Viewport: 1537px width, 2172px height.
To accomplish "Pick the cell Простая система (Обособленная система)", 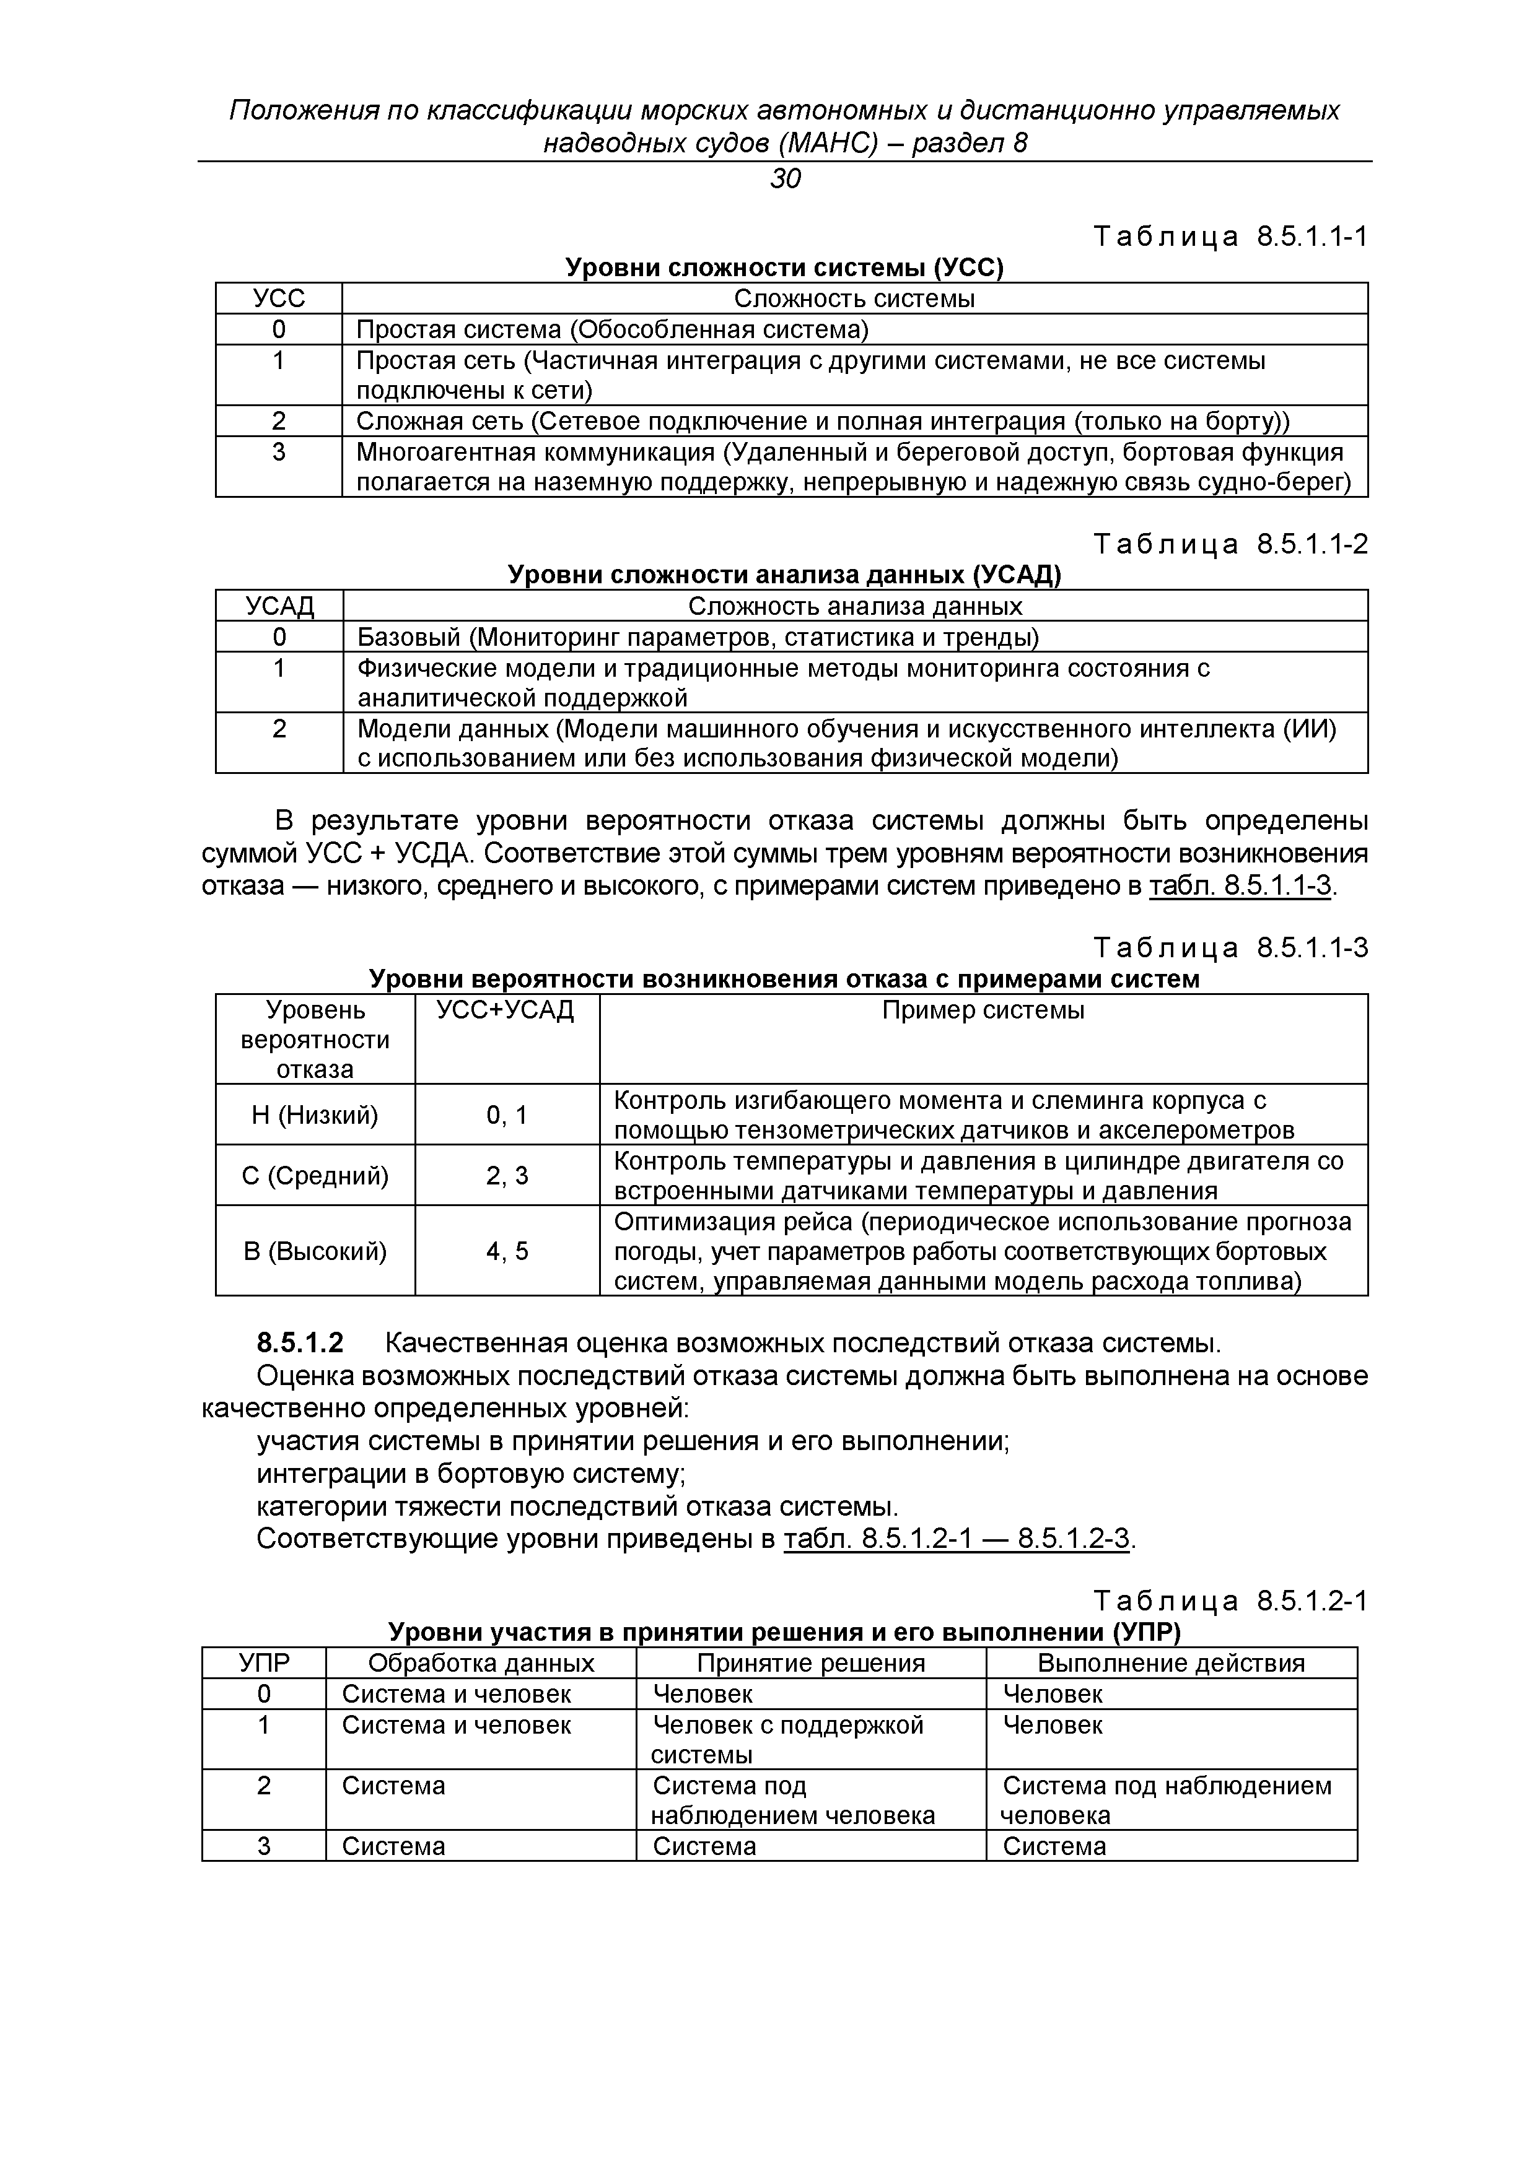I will tap(611, 329).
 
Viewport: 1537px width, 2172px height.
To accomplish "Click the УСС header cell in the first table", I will tap(279, 299).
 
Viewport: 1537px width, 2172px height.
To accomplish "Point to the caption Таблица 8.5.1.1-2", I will tap(1230, 544).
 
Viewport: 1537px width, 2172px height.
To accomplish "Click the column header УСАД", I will tap(279, 606).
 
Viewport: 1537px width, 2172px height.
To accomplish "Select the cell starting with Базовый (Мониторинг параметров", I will tap(698, 636).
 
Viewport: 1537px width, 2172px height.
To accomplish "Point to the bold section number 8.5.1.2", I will tap(300, 1344).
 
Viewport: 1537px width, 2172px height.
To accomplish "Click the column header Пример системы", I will tap(983, 1010).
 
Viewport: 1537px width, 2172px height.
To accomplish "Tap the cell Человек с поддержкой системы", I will tap(787, 1739).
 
